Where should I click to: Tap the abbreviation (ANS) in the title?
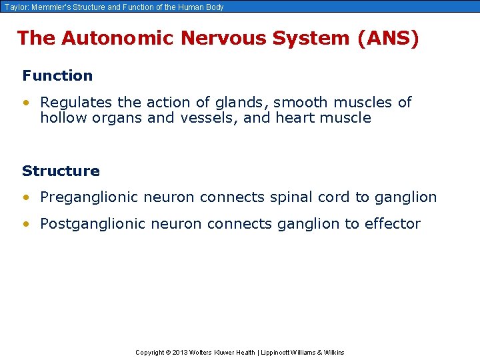[x=389, y=38]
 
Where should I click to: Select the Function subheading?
[x=57, y=75]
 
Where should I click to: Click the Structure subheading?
[x=61, y=171]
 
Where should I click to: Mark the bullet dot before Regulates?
[x=25, y=103]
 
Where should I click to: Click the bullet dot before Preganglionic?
[x=25, y=197]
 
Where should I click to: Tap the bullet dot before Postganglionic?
[x=25, y=224]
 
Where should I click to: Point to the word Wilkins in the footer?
[x=333, y=352]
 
